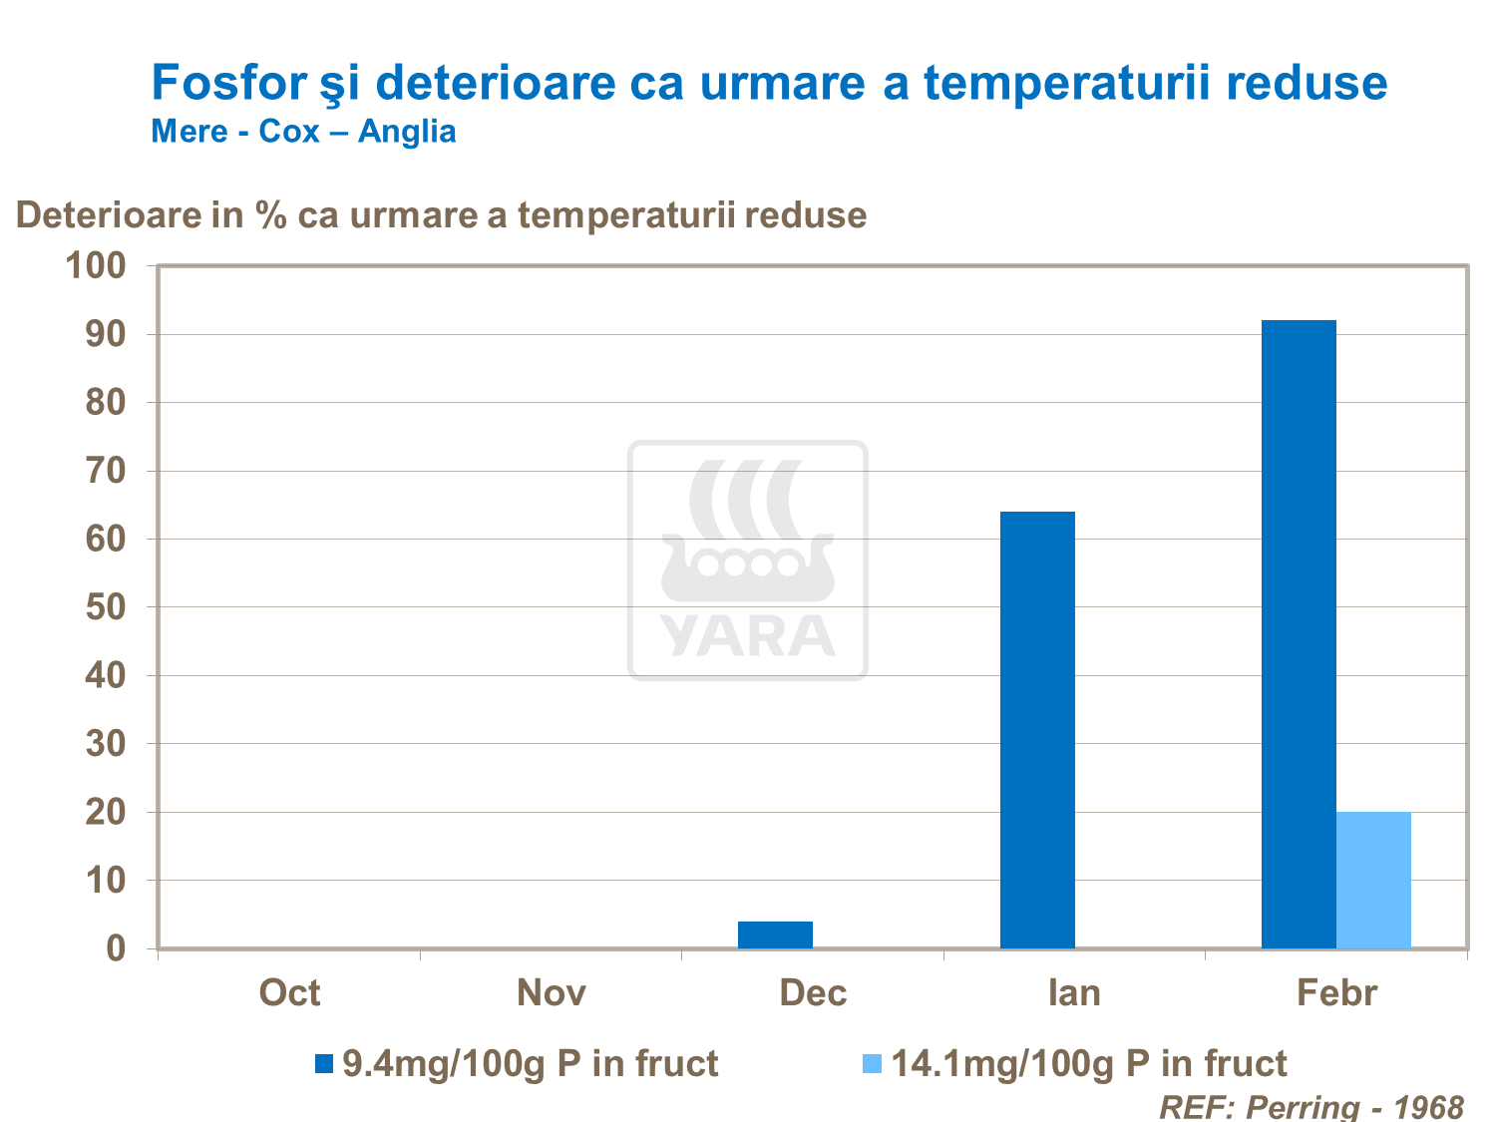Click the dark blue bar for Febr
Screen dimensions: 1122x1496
click(1299, 633)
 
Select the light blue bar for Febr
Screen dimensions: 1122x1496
click(1373, 880)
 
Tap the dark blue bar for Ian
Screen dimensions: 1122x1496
click(1037, 729)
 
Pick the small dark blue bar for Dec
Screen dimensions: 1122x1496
click(775, 935)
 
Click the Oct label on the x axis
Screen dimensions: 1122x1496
click(289, 993)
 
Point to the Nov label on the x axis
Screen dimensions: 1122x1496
click(551, 993)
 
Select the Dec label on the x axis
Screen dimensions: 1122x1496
click(813, 993)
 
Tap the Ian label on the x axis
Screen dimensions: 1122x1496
click(1074, 993)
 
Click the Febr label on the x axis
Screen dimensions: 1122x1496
click(1336, 993)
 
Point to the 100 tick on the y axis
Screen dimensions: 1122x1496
click(96, 265)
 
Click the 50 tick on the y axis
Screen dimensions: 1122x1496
click(106, 607)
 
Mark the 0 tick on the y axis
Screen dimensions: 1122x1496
click(117, 948)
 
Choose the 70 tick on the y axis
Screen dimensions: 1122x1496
click(106, 471)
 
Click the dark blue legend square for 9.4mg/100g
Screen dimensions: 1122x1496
click(323, 1064)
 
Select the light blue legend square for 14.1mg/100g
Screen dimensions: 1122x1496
click(872, 1064)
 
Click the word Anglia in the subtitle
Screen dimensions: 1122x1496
click(407, 132)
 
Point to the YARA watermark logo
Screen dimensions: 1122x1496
click(748, 561)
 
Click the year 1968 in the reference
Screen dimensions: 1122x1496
click(1428, 1106)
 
